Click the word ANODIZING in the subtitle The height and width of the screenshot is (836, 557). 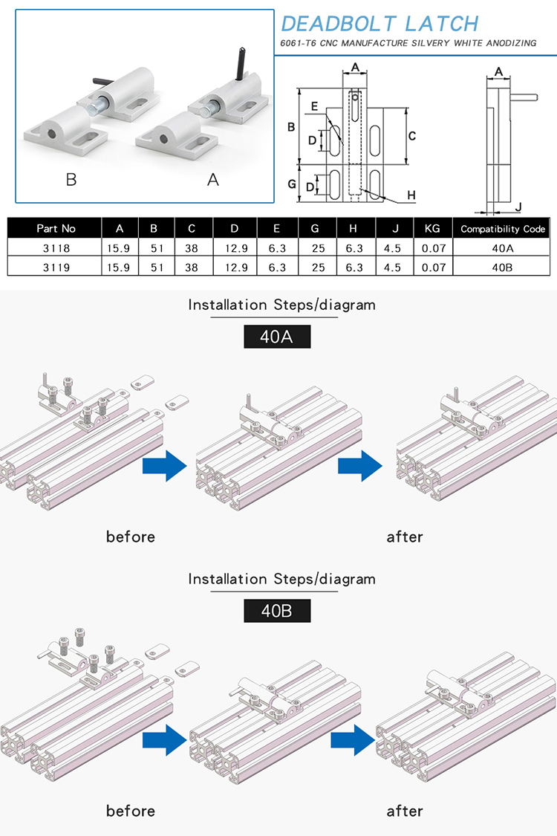[x=508, y=43]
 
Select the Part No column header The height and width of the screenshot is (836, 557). [x=56, y=228]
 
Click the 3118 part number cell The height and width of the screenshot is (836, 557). [x=56, y=247]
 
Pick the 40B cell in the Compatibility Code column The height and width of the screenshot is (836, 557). [x=504, y=267]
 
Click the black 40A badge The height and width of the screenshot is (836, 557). [x=277, y=337]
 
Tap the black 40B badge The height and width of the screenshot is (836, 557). [x=277, y=611]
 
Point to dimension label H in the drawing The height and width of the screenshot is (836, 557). [x=411, y=195]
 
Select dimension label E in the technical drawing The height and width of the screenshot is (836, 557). [x=314, y=107]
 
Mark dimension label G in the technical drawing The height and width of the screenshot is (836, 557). [x=292, y=184]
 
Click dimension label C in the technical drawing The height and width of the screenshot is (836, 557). [x=412, y=136]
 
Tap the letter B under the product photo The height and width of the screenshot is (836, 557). [x=71, y=180]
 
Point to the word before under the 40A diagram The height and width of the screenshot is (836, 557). [x=131, y=537]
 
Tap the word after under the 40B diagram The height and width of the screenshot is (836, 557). [x=405, y=810]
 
